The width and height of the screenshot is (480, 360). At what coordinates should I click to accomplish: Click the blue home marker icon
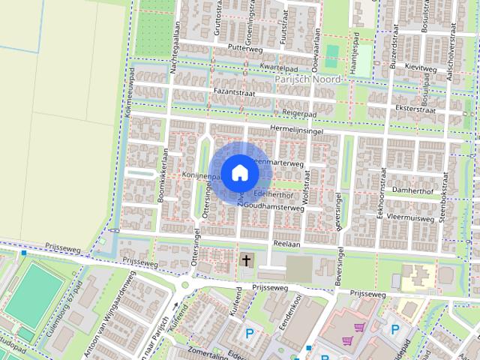coord(239,172)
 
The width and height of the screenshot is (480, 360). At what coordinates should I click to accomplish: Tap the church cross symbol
coord(246,261)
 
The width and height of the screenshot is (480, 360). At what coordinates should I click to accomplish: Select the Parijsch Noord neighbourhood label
coord(307,79)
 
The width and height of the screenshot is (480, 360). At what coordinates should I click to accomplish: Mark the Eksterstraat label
coord(430,107)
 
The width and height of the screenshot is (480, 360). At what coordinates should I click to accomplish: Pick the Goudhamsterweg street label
coord(272,208)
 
